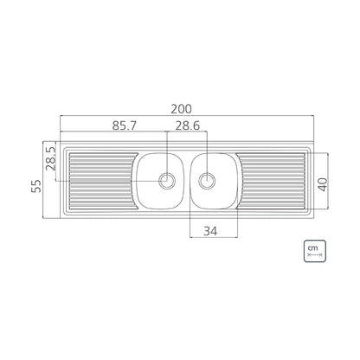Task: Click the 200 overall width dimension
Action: pos(181,109)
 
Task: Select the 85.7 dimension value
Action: pos(125,125)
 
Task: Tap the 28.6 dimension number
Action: pos(188,125)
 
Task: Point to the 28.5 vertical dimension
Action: pos(50,159)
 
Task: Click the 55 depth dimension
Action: pos(36,186)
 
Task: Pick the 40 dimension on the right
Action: pos(323,184)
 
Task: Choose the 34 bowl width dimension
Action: pos(210,231)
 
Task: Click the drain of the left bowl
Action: pos(167,181)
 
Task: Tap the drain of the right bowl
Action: pos(207,181)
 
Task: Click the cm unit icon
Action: pos(315,251)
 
